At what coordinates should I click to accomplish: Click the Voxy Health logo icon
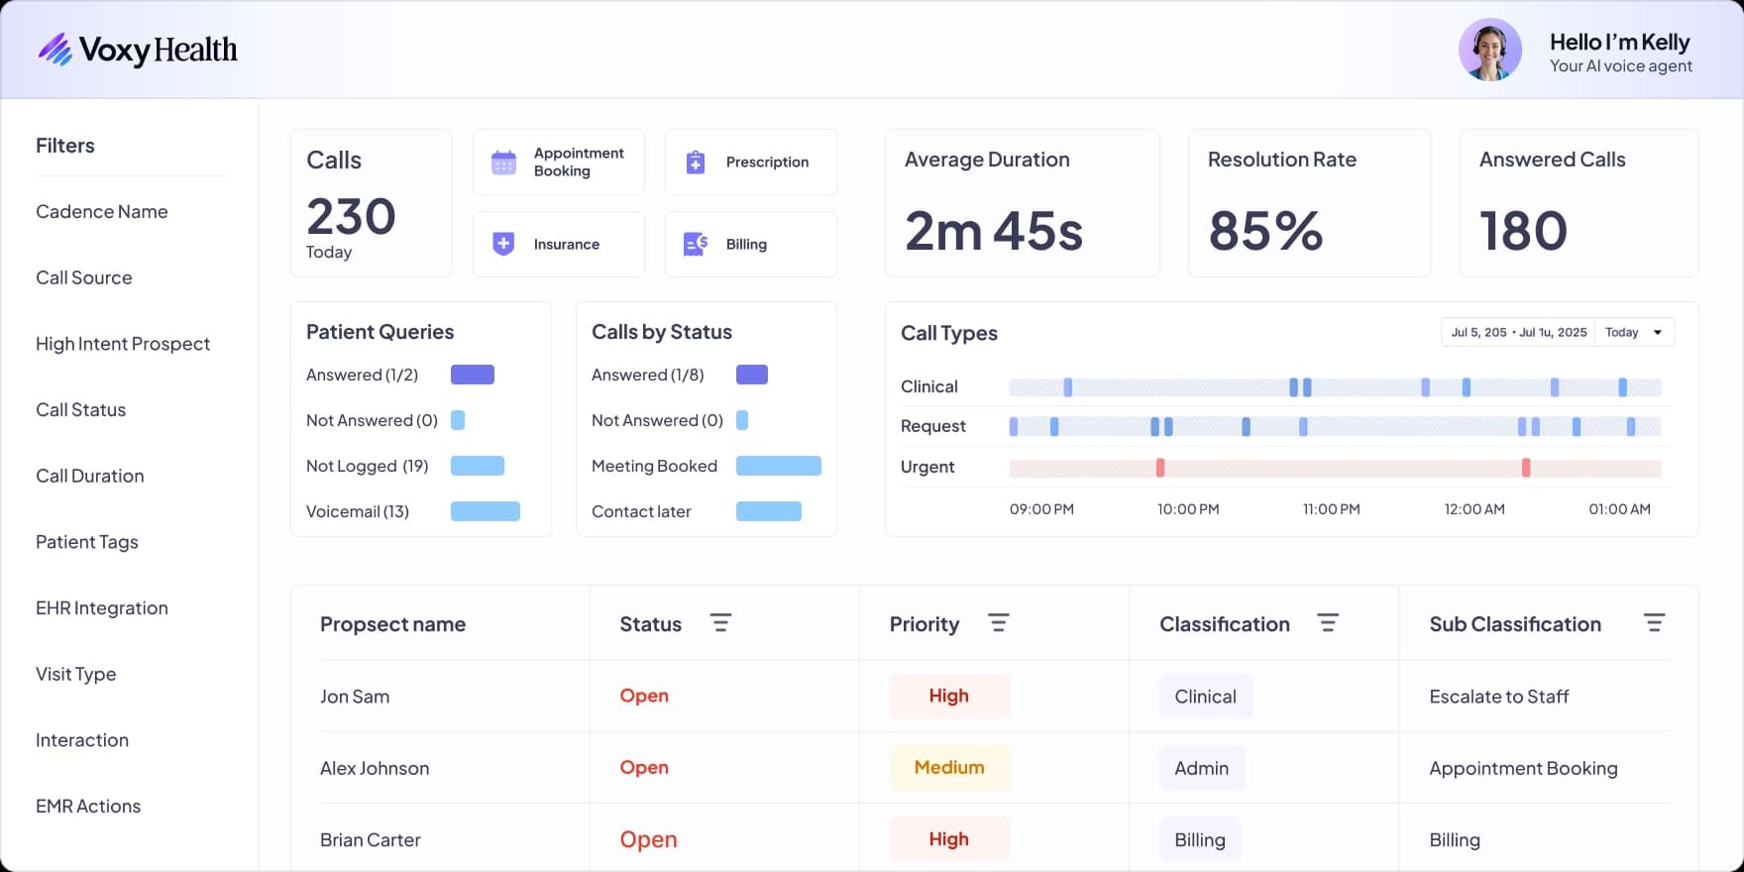pyautogui.click(x=55, y=50)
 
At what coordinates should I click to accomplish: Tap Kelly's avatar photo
pyautogui.click(x=1489, y=50)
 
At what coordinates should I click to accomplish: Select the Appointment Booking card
pyautogui.click(x=559, y=162)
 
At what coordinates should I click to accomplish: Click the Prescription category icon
pyautogui.click(x=696, y=162)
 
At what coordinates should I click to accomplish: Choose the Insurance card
pyautogui.click(x=559, y=244)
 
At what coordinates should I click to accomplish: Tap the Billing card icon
pyautogui.click(x=696, y=244)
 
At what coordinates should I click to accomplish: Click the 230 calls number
pyautogui.click(x=351, y=217)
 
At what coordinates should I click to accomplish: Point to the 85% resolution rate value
pyautogui.click(x=1265, y=231)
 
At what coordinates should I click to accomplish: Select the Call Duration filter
pyautogui.click(x=90, y=476)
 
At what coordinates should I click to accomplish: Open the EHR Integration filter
pyautogui.click(x=102, y=607)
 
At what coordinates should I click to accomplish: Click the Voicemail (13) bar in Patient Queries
pyautogui.click(x=486, y=511)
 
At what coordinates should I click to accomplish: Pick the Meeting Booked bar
pyautogui.click(x=779, y=466)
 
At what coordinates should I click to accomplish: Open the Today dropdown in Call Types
pyautogui.click(x=1634, y=332)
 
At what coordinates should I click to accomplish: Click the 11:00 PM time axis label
pyautogui.click(x=1331, y=509)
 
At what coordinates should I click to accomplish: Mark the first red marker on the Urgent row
pyautogui.click(x=1160, y=468)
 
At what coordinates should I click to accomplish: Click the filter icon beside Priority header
pyautogui.click(x=998, y=623)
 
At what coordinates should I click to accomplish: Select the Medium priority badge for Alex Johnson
pyautogui.click(x=949, y=767)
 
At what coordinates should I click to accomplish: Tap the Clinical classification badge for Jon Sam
pyautogui.click(x=1205, y=696)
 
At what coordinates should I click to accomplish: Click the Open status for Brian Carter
pyautogui.click(x=648, y=839)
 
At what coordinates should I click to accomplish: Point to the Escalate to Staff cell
pyautogui.click(x=1498, y=697)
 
